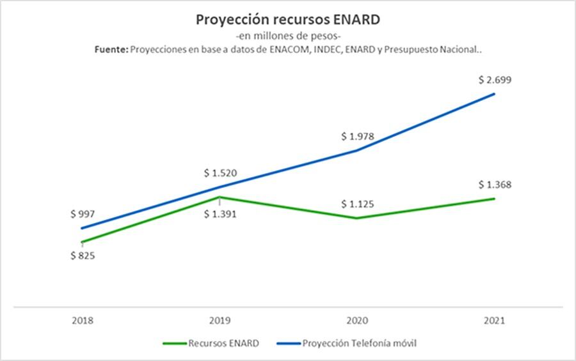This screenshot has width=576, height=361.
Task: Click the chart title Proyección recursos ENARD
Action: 287,20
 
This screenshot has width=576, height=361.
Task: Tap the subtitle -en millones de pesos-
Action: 287,36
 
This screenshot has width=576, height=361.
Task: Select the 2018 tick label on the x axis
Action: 83,319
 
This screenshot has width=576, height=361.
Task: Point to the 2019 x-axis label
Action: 220,319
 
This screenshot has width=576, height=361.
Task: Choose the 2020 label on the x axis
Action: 357,319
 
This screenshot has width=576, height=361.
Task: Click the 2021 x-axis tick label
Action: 494,319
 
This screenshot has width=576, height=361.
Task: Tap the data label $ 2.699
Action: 494,81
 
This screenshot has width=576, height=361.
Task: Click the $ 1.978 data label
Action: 357,136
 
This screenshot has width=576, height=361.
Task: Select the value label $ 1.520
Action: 220,173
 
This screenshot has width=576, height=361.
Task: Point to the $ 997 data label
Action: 83,214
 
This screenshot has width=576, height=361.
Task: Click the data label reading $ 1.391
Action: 220,214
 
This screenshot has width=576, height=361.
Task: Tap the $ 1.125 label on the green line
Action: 357,204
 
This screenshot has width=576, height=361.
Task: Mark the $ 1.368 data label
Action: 494,185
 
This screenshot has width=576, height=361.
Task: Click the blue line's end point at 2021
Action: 494,95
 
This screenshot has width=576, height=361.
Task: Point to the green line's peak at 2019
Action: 220,197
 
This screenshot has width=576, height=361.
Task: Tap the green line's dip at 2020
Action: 357,218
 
